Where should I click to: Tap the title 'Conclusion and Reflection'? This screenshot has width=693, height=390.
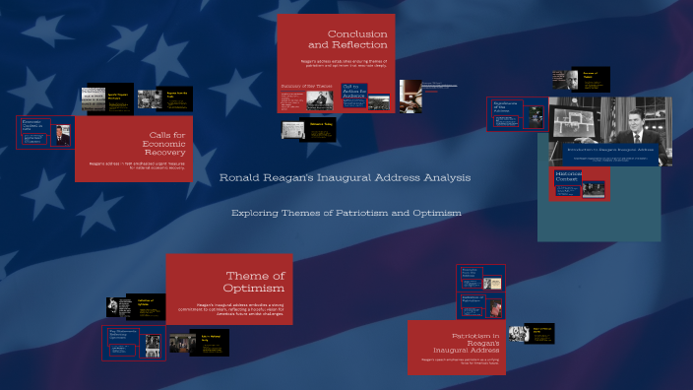[x=347, y=39]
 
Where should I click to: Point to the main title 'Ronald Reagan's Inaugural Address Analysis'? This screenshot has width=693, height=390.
[x=345, y=177]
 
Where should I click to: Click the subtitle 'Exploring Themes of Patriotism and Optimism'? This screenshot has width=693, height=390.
[x=346, y=213]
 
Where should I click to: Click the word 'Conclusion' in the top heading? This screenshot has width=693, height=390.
[x=357, y=33]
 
